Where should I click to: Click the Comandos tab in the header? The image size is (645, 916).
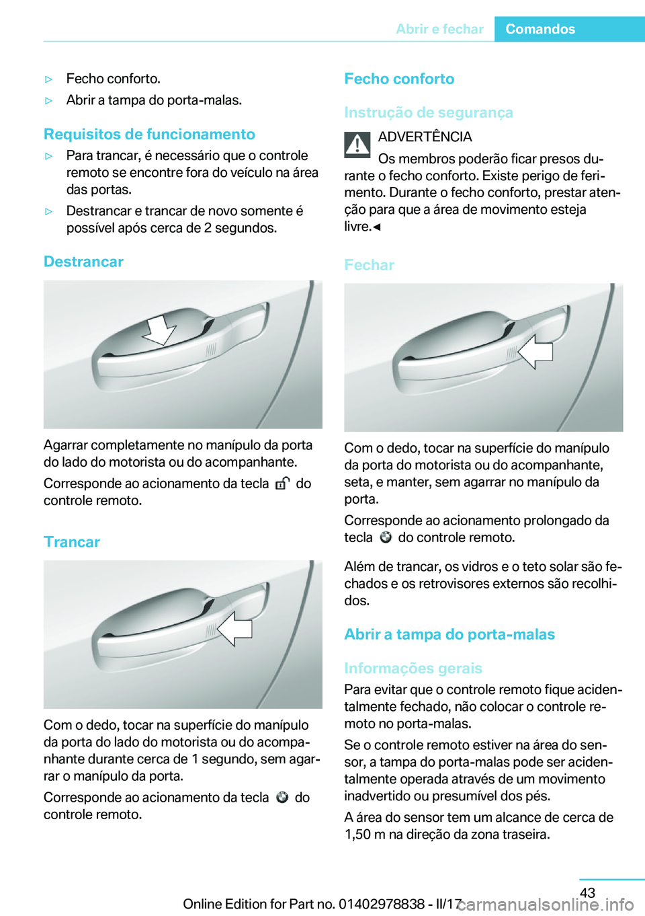(x=540, y=29)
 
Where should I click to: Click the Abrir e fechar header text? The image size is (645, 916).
(x=439, y=29)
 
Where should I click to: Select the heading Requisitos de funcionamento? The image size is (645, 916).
(x=149, y=134)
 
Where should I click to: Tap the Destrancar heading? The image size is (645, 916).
(x=83, y=262)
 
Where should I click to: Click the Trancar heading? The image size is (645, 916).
(x=72, y=542)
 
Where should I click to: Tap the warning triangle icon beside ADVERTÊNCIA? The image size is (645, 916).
(x=357, y=145)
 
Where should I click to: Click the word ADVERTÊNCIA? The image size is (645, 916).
(x=425, y=137)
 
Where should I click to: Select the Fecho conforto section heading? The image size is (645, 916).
(x=399, y=79)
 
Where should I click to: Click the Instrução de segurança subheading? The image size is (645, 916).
(x=428, y=112)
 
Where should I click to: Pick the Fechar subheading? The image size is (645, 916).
(x=369, y=265)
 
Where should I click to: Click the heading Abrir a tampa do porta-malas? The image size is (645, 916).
(x=449, y=634)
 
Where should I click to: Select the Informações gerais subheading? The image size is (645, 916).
(x=413, y=668)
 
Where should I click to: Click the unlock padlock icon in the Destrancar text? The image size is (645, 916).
(x=282, y=483)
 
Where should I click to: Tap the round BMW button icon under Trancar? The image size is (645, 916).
(x=282, y=797)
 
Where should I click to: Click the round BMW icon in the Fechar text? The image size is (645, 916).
(x=386, y=537)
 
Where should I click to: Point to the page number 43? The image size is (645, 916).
(x=587, y=892)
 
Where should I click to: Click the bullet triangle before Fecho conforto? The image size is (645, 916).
(x=48, y=79)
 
